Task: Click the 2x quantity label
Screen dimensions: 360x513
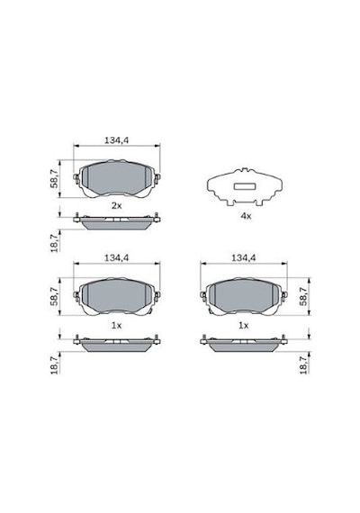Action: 116,206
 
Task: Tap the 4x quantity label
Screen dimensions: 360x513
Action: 246,216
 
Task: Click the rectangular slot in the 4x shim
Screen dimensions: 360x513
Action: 245,186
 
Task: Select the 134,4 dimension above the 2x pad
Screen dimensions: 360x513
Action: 116,140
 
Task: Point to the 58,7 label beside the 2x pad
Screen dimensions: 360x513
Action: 54,179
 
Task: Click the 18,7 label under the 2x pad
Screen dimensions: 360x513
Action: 54,241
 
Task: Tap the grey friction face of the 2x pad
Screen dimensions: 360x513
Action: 116,177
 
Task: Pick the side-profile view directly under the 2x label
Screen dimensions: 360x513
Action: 117,220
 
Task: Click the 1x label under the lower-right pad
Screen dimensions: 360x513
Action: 243,326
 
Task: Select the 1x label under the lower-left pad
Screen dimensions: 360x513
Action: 116,326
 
